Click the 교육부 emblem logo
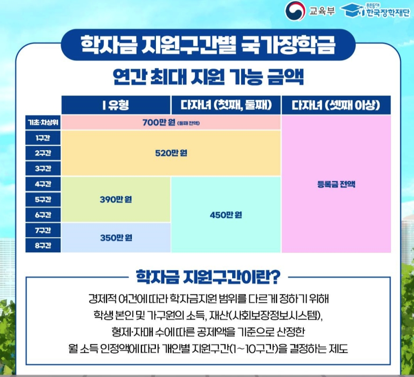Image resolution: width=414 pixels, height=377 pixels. coord(295,10)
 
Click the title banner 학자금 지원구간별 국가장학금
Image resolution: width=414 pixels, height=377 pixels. coord(207,45)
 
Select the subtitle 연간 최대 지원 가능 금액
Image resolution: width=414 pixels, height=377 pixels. coord(208,77)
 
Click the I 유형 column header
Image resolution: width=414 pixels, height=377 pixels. coord(115,105)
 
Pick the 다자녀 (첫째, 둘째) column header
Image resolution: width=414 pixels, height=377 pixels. coord(226,105)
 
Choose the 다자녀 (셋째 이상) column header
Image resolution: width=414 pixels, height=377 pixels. coord(336,105)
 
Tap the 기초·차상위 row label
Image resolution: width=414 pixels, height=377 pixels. coord(43,123)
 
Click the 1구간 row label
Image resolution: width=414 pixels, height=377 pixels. coord(43,138)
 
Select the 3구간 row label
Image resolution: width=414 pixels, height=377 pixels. coord(43,168)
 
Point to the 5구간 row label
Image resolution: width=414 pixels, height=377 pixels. coord(43,200)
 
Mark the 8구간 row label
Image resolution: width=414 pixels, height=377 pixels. coord(43,245)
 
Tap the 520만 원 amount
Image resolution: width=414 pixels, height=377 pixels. coord(171,153)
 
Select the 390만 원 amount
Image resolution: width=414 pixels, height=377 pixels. coord(116,200)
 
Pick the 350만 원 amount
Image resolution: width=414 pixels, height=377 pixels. coord(116,238)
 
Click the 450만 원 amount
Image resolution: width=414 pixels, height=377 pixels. coord(226,215)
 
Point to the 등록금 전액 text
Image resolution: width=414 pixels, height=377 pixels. coord(336,184)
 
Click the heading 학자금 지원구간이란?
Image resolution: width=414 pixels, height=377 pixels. coord(208,276)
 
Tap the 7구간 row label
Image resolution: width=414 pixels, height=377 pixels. coord(43,230)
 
